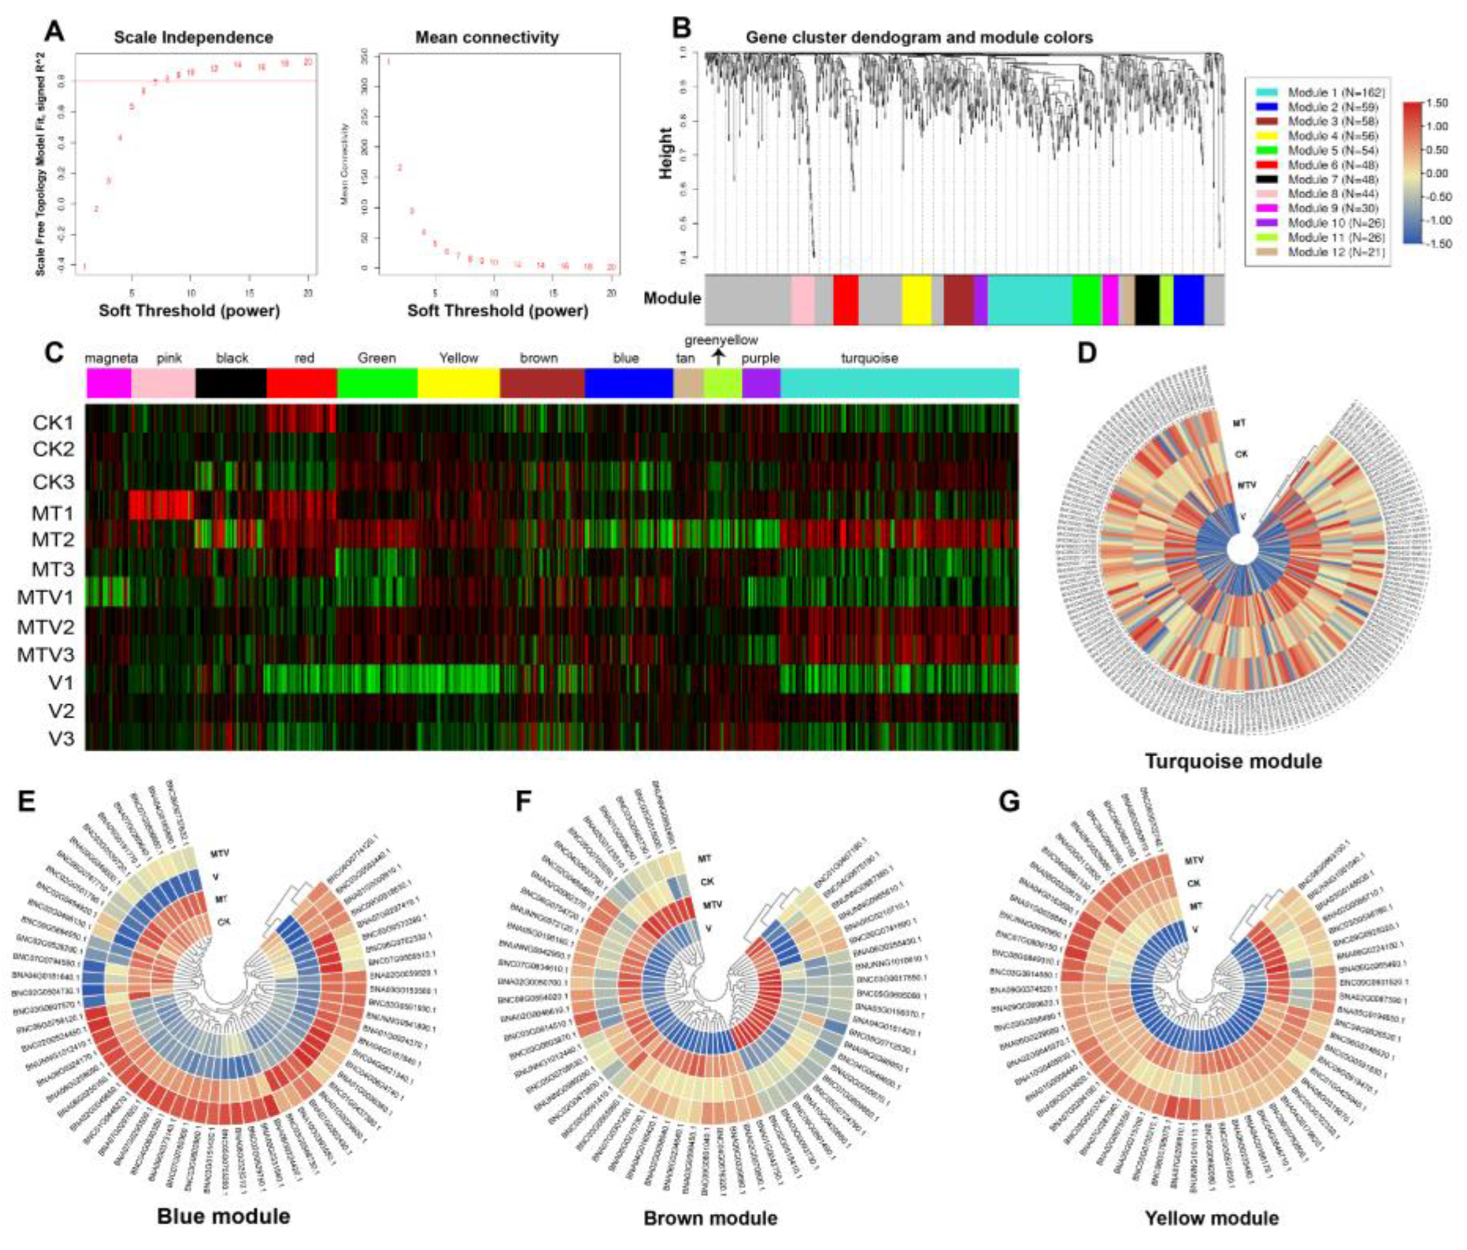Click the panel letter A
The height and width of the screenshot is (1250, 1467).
coord(55,33)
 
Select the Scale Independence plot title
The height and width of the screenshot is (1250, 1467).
coord(194,37)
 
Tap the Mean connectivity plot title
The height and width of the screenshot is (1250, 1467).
coord(487,37)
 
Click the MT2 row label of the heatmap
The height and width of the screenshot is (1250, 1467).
coord(52,540)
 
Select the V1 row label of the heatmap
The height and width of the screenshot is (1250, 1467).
coord(60,683)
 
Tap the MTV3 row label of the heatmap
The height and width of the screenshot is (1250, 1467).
coord(45,654)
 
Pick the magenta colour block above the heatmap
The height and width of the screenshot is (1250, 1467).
coord(108,383)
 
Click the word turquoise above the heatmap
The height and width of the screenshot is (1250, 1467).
coord(870,359)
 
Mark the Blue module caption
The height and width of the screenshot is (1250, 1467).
coord(224,1217)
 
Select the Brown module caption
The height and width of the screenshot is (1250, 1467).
coord(710,1218)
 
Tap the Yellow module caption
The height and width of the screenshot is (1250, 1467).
coord(1211,1218)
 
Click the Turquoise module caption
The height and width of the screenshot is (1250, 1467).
coord(1233,761)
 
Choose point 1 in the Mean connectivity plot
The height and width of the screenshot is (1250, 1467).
coord(389,62)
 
